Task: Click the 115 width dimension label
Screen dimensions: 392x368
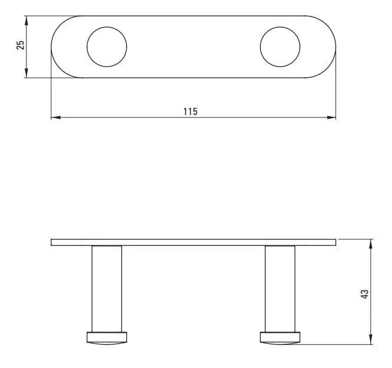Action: tap(190, 111)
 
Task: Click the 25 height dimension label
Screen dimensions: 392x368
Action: tap(21, 45)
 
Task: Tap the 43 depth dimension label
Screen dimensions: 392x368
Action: tap(365, 294)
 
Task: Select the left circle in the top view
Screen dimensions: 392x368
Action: tap(87, 47)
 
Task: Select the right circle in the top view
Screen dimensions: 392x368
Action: tap(260, 47)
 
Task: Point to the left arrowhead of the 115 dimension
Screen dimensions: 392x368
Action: tap(55, 117)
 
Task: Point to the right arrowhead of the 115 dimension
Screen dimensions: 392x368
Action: tap(331, 117)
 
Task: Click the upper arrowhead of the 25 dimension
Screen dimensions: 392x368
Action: tap(27, 21)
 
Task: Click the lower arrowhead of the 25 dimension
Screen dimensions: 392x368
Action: tap(27, 73)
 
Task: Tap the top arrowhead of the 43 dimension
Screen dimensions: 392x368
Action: tap(371, 244)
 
